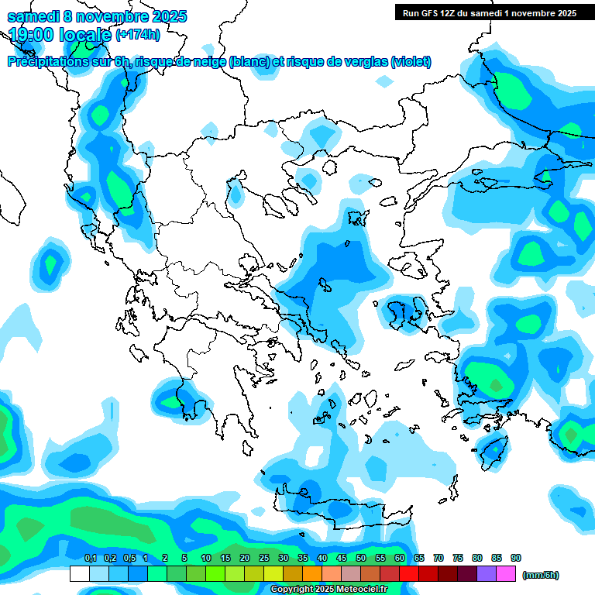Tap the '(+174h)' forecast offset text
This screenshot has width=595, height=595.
coord(138,35)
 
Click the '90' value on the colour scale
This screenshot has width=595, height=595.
coord(516,559)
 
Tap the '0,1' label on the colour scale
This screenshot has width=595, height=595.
coord(90,559)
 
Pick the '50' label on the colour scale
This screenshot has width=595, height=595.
coord(361,559)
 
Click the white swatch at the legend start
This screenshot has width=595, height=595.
coord(79,574)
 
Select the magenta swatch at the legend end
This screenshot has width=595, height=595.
coord(506,574)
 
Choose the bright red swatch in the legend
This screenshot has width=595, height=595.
coord(409,574)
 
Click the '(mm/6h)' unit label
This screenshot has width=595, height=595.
coord(541,575)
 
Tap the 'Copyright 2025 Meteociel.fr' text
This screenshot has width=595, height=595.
coord(329,590)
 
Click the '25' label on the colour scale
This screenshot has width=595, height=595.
coord(264,559)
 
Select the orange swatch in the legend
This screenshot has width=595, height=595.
coord(312,574)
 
